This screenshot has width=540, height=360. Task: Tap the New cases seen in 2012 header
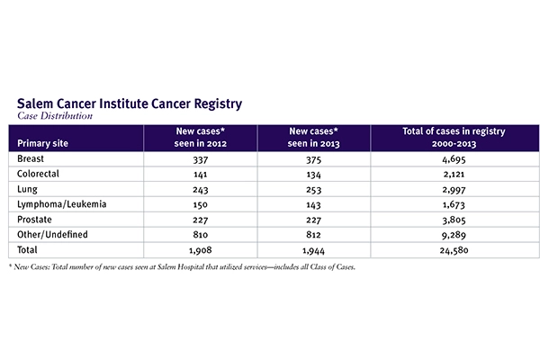pyautogui.click(x=201, y=137)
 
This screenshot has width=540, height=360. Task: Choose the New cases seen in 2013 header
pyautogui.click(x=314, y=137)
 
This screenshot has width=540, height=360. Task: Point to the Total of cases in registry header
pyautogui.click(x=454, y=137)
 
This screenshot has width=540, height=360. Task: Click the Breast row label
pyautogui.click(x=32, y=158)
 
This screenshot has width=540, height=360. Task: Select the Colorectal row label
pyautogui.click(x=40, y=174)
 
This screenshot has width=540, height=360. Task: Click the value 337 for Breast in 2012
pyautogui.click(x=201, y=158)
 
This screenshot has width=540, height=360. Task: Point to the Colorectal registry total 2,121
pyautogui.click(x=454, y=174)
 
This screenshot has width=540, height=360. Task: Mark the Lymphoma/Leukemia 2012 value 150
pyautogui.click(x=201, y=204)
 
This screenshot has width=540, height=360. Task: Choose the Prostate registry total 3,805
pyautogui.click(x=454, y=220)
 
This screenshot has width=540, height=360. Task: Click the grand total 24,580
pyautogui.click(x=454, y=250)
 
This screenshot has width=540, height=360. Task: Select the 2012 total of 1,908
pyautogui.click(x=201, y=250)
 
